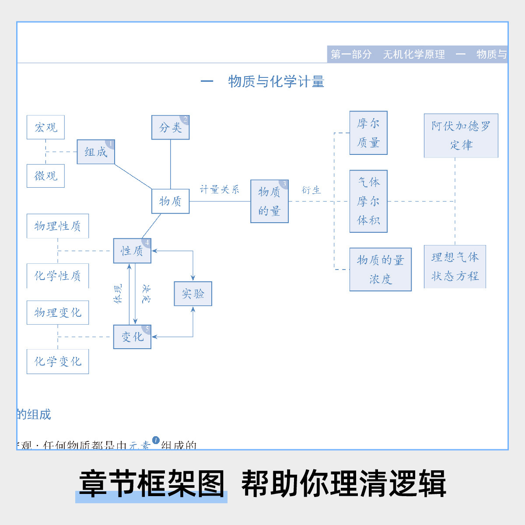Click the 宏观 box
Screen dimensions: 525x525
(45, 127)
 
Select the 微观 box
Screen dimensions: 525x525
(45, 176)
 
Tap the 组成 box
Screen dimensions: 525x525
(96, 152)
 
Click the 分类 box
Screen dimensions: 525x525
(170, 127)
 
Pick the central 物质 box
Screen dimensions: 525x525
(170, 201)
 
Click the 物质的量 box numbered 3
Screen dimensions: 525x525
(269, 201)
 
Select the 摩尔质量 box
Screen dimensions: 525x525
(368, 133)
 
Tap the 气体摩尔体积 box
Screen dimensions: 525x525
(368, 201)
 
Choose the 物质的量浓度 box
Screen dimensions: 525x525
(380, 269)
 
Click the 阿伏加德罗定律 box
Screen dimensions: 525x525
(461, 136)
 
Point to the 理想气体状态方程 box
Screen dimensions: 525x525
(455, 266)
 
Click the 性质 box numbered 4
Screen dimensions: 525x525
(132, 251)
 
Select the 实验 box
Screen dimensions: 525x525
(193, 294)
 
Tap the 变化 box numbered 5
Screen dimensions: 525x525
(132, 337)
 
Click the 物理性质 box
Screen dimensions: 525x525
(58, 226)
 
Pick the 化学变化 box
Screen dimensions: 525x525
(58, 361)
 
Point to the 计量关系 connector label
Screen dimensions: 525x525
(220, 189)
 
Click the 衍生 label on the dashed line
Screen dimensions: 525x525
(311, 190)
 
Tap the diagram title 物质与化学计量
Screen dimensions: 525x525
(276, 81)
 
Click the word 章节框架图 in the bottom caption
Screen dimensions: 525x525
(151, 483)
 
